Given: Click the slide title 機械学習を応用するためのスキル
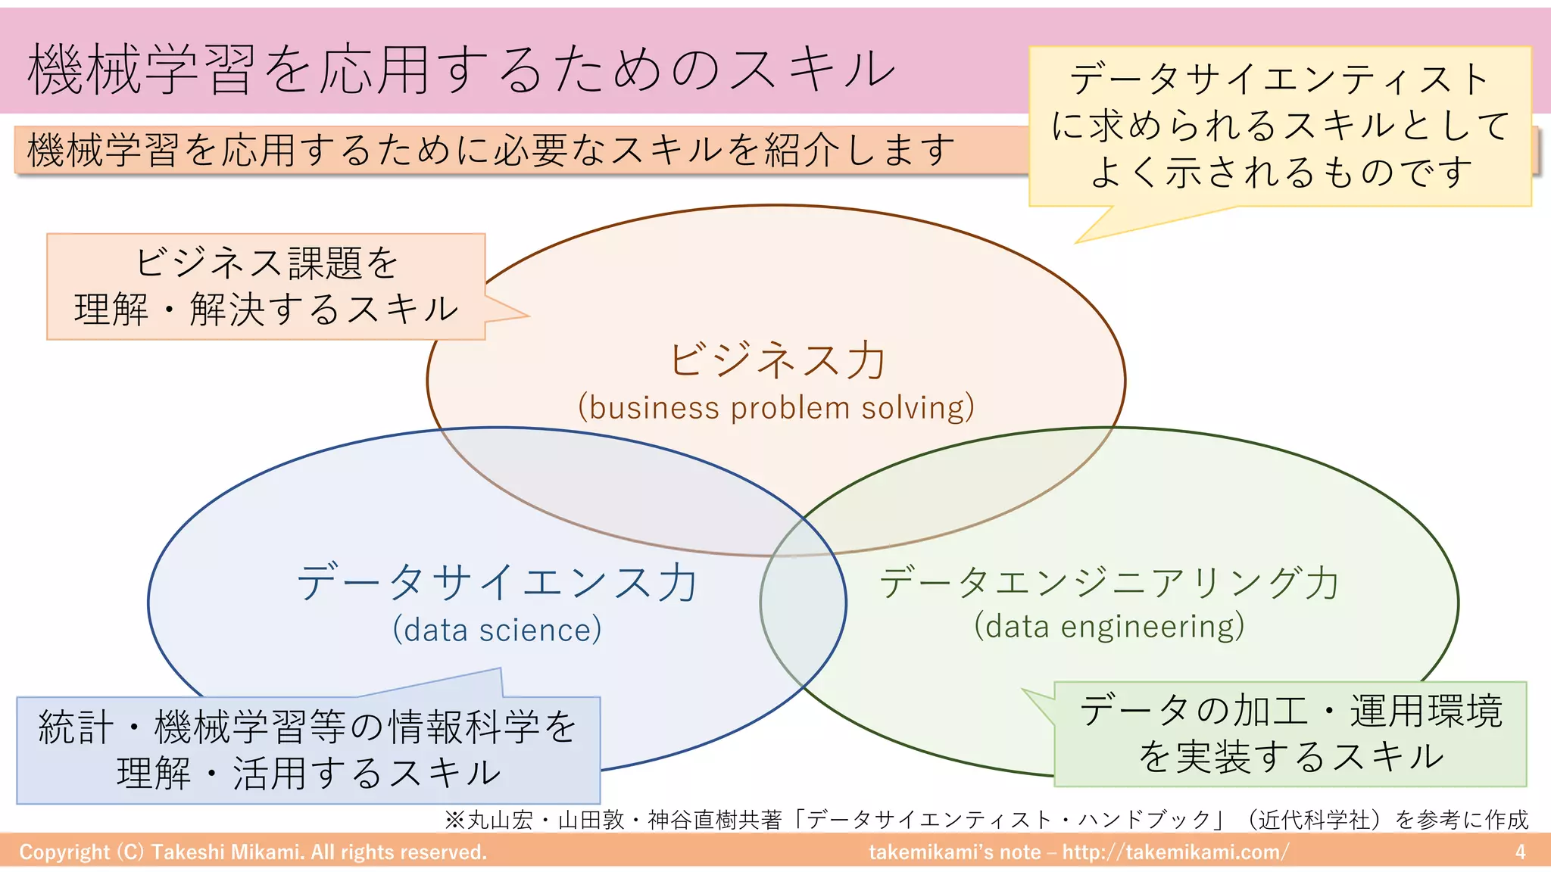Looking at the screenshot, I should point(460,70).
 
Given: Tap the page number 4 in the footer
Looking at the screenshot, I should point(1519,852).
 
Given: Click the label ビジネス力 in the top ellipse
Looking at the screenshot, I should point(777,360).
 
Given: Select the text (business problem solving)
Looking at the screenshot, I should point(776,408).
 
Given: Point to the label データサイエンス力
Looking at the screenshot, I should point(497,583).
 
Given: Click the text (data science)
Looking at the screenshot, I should point(497,630).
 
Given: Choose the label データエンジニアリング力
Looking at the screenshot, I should point(1109,583).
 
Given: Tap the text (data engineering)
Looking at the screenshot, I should point(1109,627).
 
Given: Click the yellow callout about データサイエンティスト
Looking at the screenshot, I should point(1280,126).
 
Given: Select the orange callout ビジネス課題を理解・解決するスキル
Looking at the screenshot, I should point(265,286).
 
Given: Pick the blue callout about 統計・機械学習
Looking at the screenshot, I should point(308,749).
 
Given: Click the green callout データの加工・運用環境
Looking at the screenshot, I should point(1290,733).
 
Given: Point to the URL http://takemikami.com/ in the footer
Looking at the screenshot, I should point(1175,852).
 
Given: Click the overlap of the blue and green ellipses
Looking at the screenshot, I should point(803,606).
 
